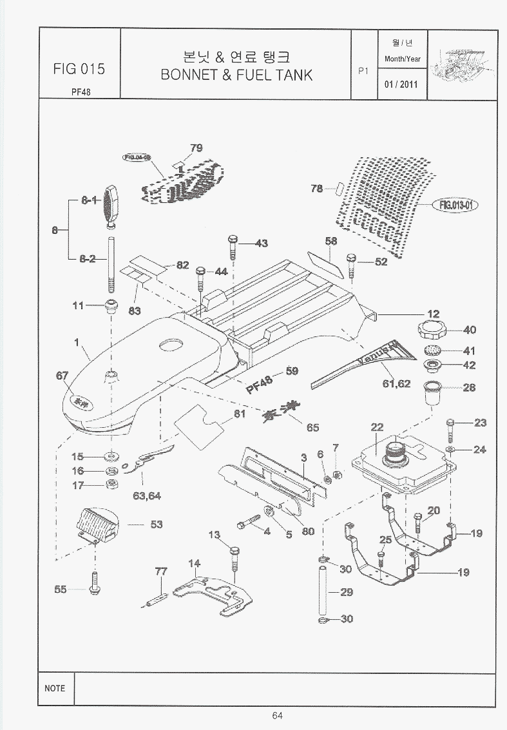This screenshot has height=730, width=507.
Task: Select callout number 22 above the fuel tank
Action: click(x=377, y=427)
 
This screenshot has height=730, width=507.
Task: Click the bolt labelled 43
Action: click(x=233, y=245)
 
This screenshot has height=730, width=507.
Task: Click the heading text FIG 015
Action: click(x=80, y=69)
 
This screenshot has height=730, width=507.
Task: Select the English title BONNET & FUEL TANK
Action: click(x=236, y=75)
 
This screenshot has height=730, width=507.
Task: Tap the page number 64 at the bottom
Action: click(x=278, y=715)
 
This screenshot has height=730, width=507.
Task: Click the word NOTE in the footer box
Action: click(x=55, y=688)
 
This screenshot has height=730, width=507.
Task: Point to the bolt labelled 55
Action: click(x=95, y=583)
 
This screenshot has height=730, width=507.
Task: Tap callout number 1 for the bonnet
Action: click(x=77, y=343)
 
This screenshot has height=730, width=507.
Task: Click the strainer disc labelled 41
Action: click(x=433, y=351)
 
